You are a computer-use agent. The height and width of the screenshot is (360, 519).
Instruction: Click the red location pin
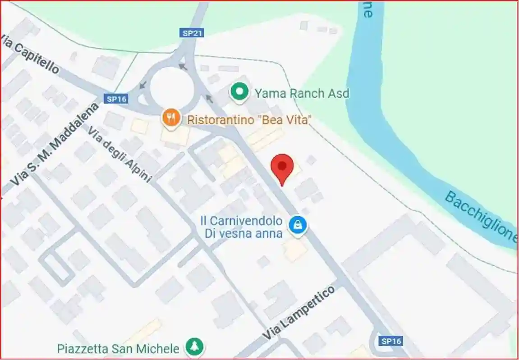(x=282, y=167)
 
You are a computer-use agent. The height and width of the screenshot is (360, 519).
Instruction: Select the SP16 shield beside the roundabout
(x=116, y=99)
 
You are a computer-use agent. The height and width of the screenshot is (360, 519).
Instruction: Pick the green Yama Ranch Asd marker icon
(x=240, y=92)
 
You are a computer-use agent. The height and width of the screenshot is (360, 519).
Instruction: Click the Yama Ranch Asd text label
(x=302, y=93)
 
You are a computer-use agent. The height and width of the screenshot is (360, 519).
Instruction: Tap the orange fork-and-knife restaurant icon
(x=171, y=118)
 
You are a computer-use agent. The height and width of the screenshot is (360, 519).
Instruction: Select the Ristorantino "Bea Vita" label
(x=249, y=120)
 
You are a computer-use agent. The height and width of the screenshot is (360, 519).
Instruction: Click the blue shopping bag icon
(x=298, y=223)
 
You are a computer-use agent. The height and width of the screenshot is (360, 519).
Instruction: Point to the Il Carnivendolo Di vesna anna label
(x=241, y=227)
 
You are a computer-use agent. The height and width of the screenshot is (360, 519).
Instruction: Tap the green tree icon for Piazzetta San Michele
(x=195, y=347)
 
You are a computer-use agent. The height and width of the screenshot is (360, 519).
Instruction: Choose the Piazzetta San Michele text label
(x=118, y=348)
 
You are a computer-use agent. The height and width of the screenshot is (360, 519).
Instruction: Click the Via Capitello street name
(x=30, y=54)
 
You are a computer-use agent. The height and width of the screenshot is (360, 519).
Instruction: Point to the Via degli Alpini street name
(x=120, y=154)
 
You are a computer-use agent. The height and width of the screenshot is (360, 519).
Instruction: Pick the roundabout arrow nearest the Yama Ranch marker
(x=209, y=98)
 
